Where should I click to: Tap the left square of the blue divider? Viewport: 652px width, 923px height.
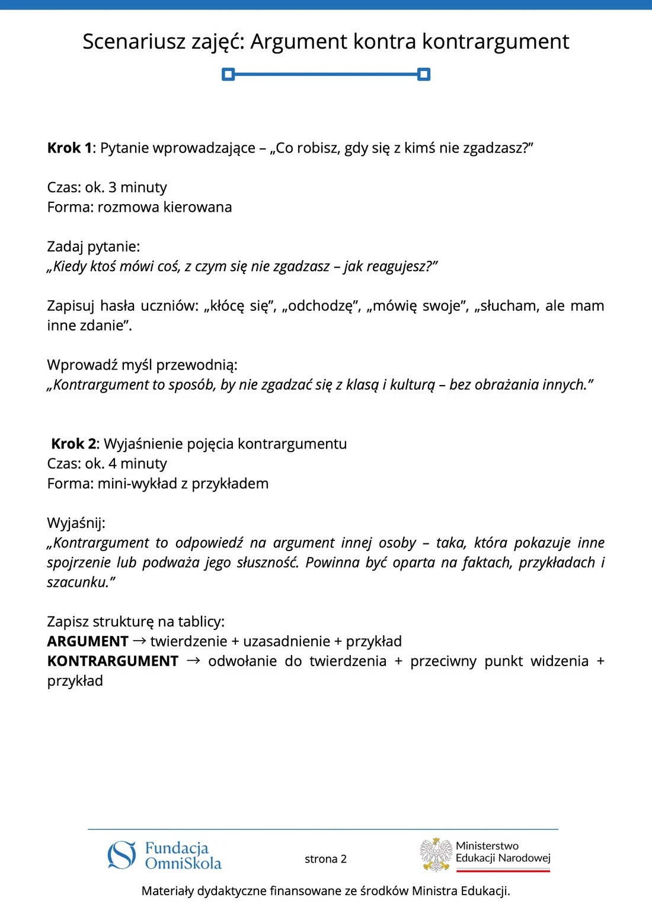point(228,74)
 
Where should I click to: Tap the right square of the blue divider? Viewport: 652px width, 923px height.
point(423,74)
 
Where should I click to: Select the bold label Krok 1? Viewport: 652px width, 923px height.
point(69,148)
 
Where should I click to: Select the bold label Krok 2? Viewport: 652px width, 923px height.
point(73,444)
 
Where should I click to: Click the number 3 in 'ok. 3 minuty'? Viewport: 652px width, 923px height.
point(113,187)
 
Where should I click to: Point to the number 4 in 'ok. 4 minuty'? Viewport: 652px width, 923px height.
point(113,463)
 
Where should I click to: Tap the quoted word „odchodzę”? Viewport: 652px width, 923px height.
point(321,306)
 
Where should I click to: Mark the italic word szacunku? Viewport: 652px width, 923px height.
point(79,582)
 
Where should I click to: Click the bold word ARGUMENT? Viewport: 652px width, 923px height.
point(88,641)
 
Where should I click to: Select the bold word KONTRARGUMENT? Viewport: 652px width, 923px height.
point(113,661)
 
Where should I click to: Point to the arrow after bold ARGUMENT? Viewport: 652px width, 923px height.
point(140,641)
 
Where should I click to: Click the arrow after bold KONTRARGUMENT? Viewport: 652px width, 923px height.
point(193,660)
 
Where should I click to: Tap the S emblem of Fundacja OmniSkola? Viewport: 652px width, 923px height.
point(122,855)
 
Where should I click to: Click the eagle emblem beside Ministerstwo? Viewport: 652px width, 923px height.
point(436,855)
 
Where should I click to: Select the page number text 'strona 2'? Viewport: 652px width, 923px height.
point(325,859)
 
